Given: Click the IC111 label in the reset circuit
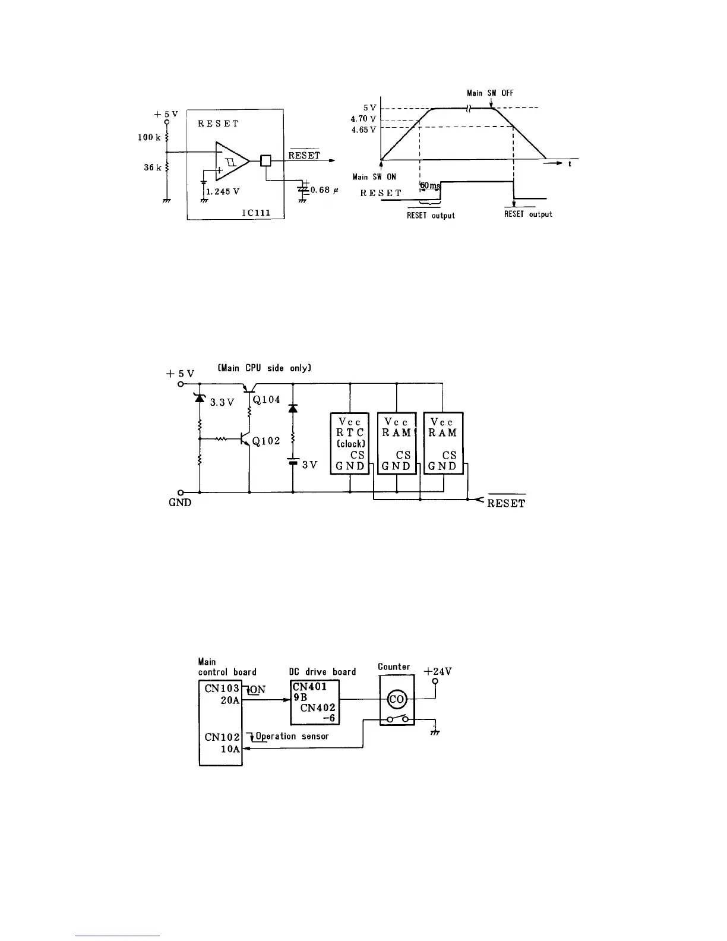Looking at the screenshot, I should [x=257, y=212].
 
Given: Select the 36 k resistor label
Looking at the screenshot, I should [x=152, y=168].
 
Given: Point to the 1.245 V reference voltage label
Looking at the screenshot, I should [x=223, y=192].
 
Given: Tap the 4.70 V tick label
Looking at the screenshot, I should [x=363, y=119].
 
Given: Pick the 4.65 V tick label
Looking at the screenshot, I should [x=363, y=130].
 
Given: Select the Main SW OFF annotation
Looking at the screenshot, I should [x=490, y=93].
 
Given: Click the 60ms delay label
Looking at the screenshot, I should [x=431, y=186].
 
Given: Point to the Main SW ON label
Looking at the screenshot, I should [x=374, y=177].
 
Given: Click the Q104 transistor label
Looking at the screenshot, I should [x=266, y=400].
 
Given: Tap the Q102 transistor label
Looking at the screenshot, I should [x=266, y=441].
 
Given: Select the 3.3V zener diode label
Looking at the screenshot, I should [x=223, y=402].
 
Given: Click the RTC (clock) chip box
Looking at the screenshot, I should [x=349, y=443].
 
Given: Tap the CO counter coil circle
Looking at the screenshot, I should [x=397, y=700].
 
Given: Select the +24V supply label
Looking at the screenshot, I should [x=438, y=672].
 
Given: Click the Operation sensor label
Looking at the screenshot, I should [x=292, y=736].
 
